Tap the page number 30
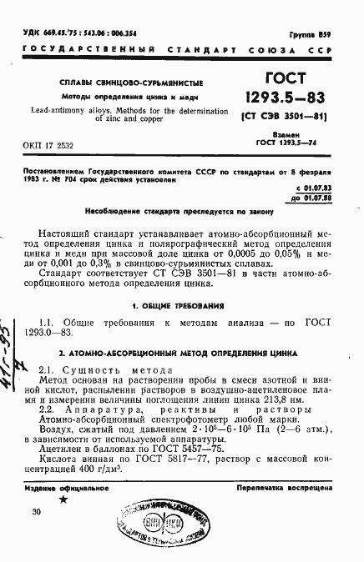point(36,512)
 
